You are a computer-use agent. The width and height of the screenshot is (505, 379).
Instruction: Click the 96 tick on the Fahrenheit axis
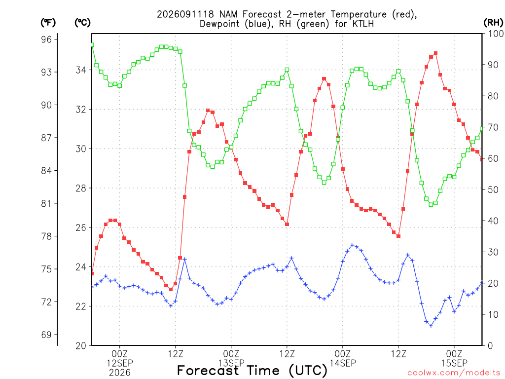click(46, 39)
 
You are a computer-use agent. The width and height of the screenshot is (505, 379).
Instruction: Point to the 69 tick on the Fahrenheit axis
click(46, 335)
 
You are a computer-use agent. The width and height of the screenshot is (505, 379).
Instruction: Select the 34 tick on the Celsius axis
click(81, 70)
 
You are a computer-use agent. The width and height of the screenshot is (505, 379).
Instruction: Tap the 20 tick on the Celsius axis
click(81, 346)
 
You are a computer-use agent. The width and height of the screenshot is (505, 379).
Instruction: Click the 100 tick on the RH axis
click(496, 34)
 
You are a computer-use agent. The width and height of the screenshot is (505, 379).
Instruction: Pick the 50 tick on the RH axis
click(493, 189)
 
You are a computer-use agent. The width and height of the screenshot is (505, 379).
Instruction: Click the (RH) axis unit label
click(493, 22)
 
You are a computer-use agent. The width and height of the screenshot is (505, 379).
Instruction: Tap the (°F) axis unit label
click(48, 23)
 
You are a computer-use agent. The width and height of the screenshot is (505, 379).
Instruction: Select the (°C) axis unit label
click(82, 23)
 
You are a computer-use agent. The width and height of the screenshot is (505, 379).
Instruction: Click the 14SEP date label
click(343, 363)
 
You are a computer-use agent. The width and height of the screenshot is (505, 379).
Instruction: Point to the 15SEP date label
click(454, 363)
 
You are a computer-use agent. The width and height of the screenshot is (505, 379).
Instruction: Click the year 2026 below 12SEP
click(120, 373)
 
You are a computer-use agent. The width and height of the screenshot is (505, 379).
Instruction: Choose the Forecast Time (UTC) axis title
click(252, 371)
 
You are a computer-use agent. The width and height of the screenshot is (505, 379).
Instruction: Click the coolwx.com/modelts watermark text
click(454, 373)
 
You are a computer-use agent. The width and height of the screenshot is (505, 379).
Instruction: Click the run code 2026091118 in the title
click(185, 14)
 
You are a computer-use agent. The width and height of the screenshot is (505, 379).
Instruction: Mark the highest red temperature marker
click(436, 53)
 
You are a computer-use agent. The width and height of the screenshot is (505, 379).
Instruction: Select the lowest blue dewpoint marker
click(431, 326)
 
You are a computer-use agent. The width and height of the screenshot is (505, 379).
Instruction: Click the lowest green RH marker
click(431, 204)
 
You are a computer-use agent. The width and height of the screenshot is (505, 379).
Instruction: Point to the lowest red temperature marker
click(171, 289)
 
